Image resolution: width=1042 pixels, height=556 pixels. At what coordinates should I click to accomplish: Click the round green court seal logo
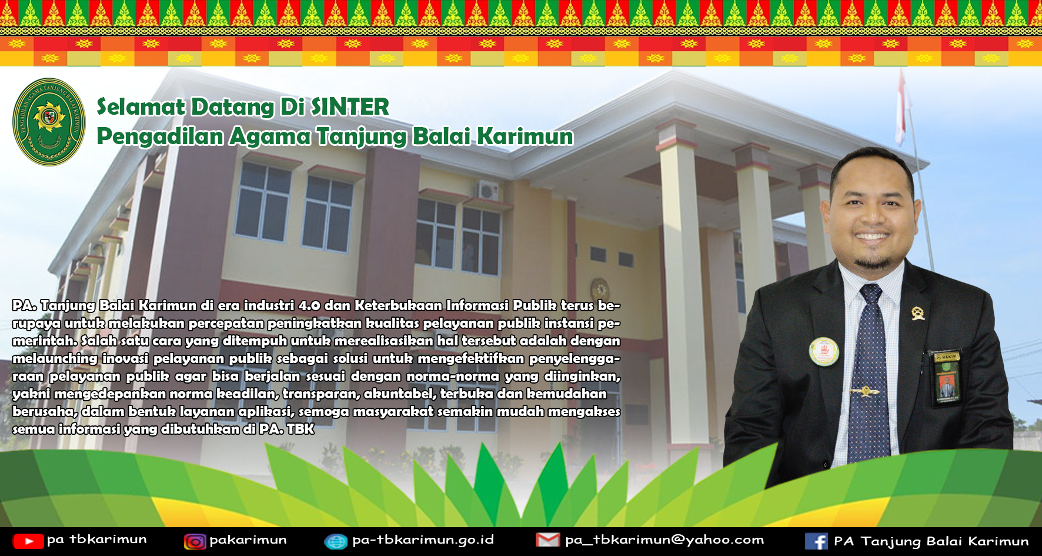[x=49, y=122]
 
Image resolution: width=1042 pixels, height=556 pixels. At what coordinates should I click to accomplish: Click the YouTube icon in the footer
[x=28, y=541]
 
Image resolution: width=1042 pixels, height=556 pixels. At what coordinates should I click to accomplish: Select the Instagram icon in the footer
[x=195, y=541]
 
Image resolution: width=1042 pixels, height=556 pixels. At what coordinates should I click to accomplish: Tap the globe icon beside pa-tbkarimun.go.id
[x=336, y=541]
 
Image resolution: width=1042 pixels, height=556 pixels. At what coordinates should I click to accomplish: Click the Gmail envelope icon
[x=547, y=540]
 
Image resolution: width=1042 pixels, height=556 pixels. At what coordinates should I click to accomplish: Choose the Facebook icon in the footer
[x=816, y=541]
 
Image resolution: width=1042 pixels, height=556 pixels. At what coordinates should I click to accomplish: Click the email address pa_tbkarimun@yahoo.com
[x=664, y=540]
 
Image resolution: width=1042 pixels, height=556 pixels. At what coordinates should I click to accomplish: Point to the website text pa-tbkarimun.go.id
[x=423, y=540]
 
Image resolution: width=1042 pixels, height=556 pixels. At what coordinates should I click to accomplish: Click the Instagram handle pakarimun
[x=248, y=540]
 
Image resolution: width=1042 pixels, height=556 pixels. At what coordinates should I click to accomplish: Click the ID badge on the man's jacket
[x=946, y=377]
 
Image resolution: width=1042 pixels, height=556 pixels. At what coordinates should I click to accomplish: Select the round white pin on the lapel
[x=824, y=352]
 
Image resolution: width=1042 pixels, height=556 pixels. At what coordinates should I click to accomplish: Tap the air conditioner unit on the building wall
[x=488, y=191]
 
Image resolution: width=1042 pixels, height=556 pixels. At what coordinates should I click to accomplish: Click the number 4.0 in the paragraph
[x=309, y=305]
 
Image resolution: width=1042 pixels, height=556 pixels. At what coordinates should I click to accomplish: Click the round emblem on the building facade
[x=600, y=289]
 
